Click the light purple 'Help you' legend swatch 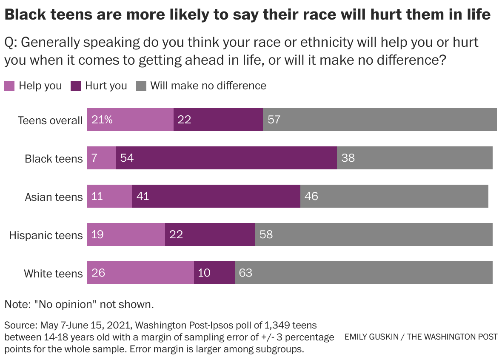[x=9, y=86]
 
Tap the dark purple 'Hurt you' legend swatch [x=76, y=86]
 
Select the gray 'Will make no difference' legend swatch [x=141, y=86]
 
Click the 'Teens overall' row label [x=50, y=120]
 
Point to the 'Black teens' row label [x=54, y=159]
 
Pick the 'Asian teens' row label [x=54, y=197]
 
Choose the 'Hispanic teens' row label [x=46, y=235]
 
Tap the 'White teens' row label [x=53, y=273]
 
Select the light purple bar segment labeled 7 [x=101, y=158]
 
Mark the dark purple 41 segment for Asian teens [x=216, y=196]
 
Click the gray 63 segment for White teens [x=364, y=273]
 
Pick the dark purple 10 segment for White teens [x=214, y=273]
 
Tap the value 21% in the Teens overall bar [x=102, y=120]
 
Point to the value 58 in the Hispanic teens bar [x=266, y=234]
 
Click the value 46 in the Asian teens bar [x=311, y=196]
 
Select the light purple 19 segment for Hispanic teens [x=126, y=234]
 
